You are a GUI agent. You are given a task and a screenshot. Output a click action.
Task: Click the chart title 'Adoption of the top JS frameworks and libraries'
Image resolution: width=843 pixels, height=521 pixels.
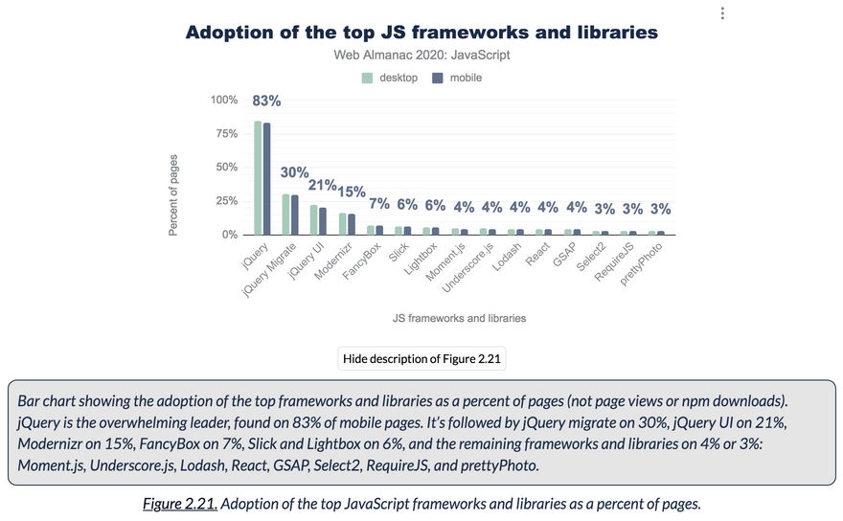[421, 33]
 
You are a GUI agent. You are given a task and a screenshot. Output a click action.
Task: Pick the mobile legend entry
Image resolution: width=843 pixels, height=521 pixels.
[457, 78]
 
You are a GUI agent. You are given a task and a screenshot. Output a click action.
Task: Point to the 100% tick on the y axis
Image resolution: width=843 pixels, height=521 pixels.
[224, 101]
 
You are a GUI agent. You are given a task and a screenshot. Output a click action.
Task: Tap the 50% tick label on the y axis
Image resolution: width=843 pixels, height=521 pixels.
[227, 168]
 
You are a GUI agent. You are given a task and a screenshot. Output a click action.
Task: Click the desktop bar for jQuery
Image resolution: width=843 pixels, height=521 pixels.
[258, 178]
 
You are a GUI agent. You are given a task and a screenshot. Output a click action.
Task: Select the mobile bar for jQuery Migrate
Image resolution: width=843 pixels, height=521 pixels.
[294, 215]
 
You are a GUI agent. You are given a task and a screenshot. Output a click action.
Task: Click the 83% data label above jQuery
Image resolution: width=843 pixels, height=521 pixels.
[266, 101]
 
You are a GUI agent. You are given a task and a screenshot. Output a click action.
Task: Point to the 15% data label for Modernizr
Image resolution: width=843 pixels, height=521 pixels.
[351, 192]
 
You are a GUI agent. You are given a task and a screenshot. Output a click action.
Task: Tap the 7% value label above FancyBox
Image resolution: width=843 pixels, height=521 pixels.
[379, 203]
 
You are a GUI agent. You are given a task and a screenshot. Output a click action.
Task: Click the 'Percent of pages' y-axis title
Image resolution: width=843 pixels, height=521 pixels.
[173, 195]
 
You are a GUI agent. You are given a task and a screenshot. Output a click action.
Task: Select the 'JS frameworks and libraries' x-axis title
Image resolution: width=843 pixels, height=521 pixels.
[459, 318]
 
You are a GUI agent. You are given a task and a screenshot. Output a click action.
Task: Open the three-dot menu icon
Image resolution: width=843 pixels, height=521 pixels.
[722, 13]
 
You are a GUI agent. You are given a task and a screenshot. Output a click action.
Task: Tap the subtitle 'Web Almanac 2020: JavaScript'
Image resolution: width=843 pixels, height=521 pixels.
[421, 55]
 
